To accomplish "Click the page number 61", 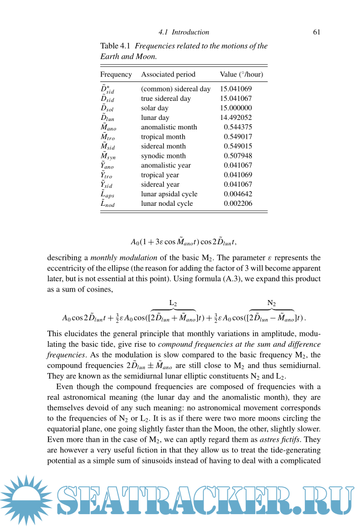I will coord(316,32).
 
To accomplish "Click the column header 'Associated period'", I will coord(168,74).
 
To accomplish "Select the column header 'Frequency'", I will coord(116,74).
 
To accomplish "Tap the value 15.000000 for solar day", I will coord(236,108).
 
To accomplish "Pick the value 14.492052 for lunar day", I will coord(236,118).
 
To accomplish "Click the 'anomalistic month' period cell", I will coord(169,127).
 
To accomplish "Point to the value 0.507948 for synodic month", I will coord(238,156).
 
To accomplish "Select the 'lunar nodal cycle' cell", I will coord(167,204).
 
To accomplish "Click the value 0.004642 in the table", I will coord(238,194).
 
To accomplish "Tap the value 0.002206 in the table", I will coord(238,204).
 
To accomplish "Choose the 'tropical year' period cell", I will coord(160,175).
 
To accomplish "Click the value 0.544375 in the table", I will coord(238,127).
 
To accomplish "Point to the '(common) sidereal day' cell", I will coord(176,89).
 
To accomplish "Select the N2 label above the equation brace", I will coord(272,303).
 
